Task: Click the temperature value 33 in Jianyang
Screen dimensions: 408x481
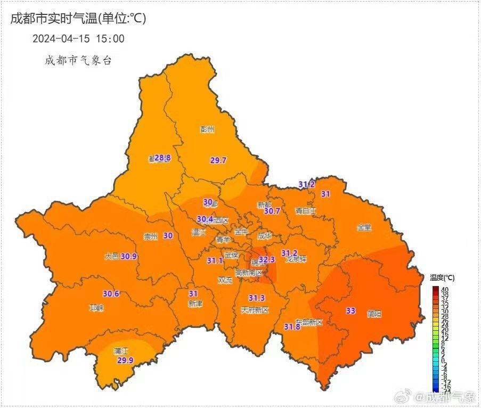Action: click(x=350, y=311)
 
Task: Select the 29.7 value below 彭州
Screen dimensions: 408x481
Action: click(x=218, y=160)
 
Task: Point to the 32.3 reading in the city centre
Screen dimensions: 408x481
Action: click(x=266, y=259)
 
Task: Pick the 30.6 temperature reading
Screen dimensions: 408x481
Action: click(x=111, y=293)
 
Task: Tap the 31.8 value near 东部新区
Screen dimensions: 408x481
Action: click(x=291, y=327)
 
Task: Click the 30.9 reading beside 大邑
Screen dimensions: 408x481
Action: click(x=129, y=256)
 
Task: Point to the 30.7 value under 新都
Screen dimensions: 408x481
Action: click(x=272, y=211)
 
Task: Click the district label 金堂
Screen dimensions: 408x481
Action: click(x=364, y=227)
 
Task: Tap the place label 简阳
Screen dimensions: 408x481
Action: click(x=374, y=314)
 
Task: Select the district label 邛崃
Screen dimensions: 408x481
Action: click(x=96, y=308)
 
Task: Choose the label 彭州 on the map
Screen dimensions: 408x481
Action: click(x=207, y=129)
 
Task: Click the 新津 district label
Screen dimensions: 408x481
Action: click(x=195, y=304)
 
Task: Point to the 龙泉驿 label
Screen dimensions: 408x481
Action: click(x=297, y=260)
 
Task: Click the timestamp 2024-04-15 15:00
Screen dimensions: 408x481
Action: click(x=78, y=38)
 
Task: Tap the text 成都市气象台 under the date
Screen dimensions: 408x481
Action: click(x=78, y=61)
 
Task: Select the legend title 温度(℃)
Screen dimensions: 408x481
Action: click(x=442, y=278)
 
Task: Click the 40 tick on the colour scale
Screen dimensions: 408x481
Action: click(x=445, y=289)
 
